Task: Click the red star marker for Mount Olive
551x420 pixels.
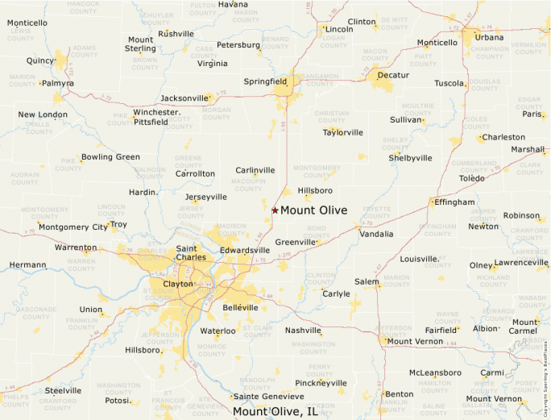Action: [275, 210]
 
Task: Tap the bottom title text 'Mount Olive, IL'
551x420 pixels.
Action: [275, 412]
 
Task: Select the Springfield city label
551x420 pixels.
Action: [266, 81]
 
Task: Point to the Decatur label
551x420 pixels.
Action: [393, 75]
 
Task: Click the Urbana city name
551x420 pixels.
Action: [489, 37]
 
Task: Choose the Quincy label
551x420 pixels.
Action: [40, 60]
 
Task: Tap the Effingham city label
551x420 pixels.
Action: [454, 202]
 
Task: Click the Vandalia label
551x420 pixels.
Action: [376, 234]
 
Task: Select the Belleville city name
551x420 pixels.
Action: [240, 307]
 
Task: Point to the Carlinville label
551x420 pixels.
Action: [255, 170]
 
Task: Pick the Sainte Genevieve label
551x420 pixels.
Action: [269, 397]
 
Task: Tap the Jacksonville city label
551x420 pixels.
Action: [184, 98]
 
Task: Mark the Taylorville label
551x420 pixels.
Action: [343, 132]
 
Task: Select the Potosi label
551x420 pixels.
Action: [118, 400]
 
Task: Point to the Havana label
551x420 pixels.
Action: [233, 4]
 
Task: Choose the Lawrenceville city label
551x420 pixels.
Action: [520, 263]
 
